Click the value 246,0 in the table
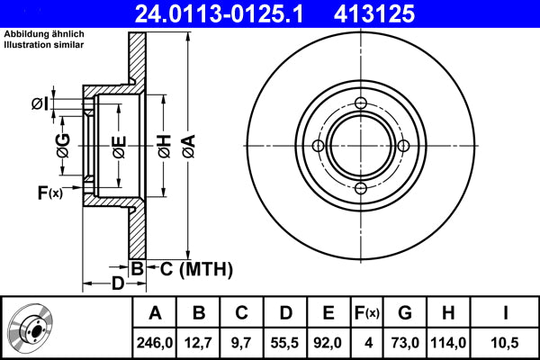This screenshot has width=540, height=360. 155,341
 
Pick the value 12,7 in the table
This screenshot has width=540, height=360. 200,341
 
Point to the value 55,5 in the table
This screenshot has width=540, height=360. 285,341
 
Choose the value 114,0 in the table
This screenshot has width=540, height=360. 447,341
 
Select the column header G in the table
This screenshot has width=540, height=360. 404,313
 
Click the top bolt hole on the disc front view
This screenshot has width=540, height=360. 361,103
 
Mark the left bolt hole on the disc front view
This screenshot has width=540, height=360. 318,146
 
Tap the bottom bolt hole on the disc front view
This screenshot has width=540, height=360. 361,188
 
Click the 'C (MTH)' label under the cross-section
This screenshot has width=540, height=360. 190,268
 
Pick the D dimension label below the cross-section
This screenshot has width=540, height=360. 118,284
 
